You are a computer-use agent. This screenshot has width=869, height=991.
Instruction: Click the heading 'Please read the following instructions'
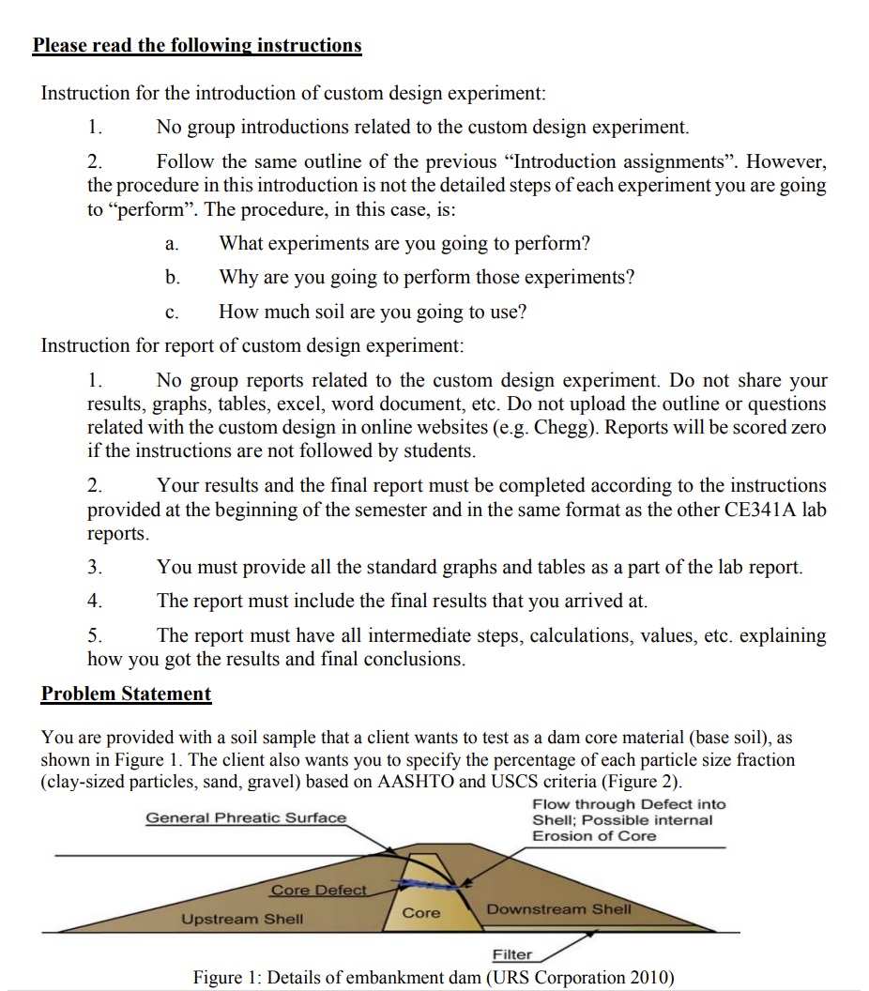pyautogui.click(x=197, y=45)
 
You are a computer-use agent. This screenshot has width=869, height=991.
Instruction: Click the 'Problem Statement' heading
pyautogui.click(x=126, y=694)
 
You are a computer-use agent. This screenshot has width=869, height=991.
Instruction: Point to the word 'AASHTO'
pyautogui.click(x=434, y=782)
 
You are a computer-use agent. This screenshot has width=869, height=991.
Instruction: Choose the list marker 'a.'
pyautogui.click(x=171, y=244)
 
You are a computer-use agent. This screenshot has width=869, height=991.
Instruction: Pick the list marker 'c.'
pyautogui.click(x=171, y=312)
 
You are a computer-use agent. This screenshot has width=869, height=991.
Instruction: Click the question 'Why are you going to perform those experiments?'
pyautogui.click(x=426, y=278)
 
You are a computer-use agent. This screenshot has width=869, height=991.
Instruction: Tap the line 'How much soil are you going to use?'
pyautogui.click(x=373, y=312)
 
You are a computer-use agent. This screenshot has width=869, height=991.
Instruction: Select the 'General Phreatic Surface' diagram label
pyautogui.click(x=246, y=817)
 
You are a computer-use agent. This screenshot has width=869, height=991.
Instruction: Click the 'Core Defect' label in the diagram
pyautogui.click(x=318, y=890)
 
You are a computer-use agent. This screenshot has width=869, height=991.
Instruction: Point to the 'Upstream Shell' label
pyautogui.click(x=242, y=919)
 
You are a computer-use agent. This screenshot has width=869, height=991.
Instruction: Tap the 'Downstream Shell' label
pyautogui.click(x=559, y=909)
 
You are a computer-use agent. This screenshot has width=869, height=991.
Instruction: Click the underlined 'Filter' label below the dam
pyautogui.click(x=512, y=954)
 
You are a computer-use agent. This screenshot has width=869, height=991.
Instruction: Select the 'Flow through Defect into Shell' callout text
pyautogui.click(x=628, y=819)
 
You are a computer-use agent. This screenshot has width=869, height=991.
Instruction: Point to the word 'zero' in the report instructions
pyautogui.click(x=806, y=427)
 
